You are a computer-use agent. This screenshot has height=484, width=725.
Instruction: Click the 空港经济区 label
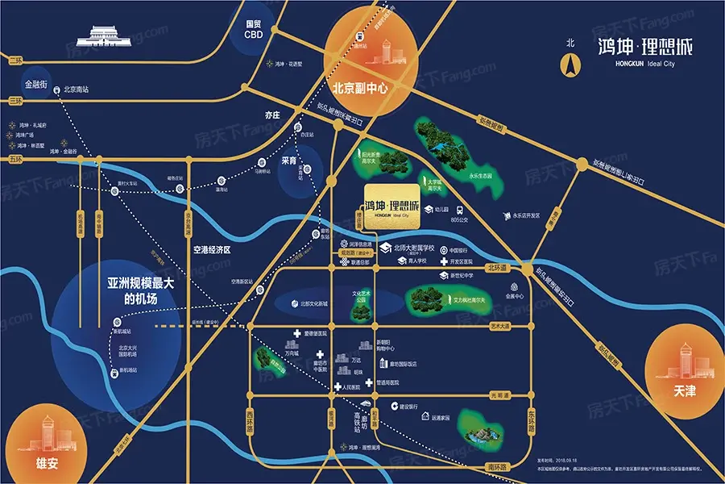[212, 250]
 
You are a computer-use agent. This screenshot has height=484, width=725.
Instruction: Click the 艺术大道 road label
[500, 327]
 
